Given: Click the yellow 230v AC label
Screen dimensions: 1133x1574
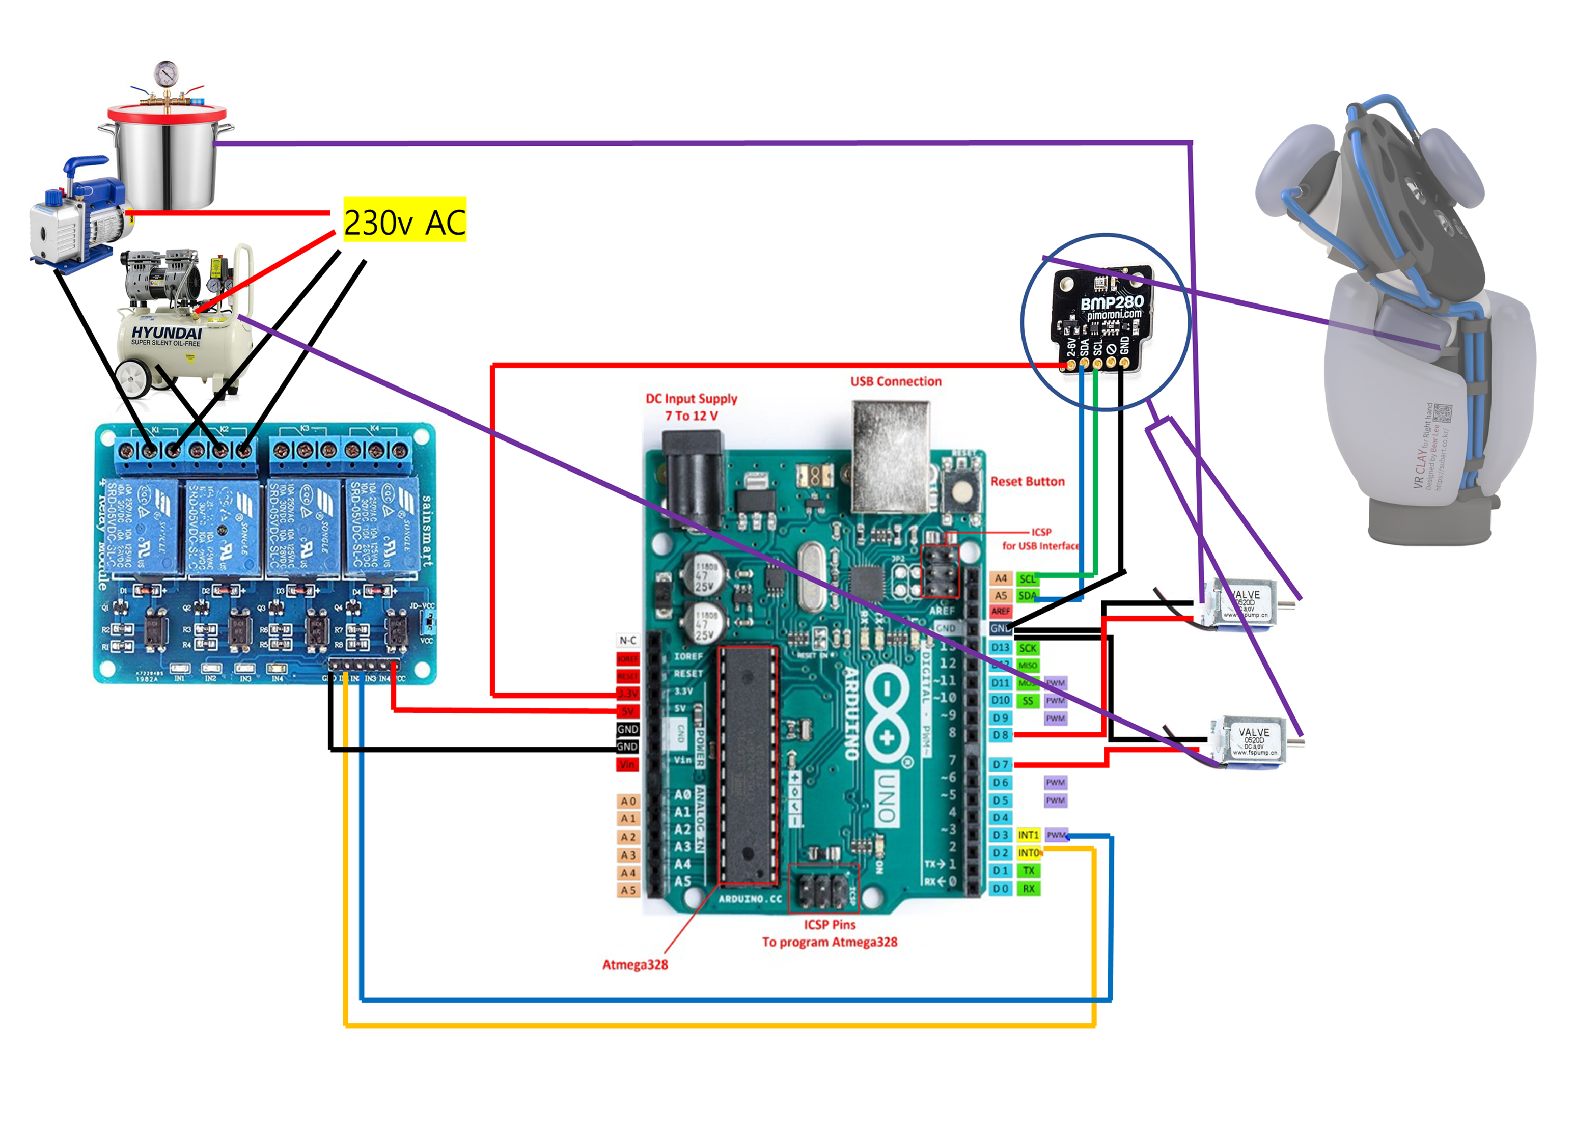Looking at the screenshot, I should click(405, 220).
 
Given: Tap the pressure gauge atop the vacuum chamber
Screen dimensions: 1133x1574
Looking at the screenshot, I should click(167, 73).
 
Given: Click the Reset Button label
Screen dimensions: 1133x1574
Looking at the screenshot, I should click(1027, 482).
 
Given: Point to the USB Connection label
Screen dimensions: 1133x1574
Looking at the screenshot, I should click(896, 381).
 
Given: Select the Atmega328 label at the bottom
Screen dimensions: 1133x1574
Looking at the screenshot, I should click(635, 964).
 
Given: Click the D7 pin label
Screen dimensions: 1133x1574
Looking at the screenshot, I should click(1000, 765).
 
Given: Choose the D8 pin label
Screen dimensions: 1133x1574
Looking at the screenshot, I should click(1000, 735).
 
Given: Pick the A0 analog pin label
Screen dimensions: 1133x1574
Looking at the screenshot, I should click(628, 802).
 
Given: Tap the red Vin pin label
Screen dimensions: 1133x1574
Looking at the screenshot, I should click(627, 765).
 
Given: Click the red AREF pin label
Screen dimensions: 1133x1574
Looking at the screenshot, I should click(1000, 611).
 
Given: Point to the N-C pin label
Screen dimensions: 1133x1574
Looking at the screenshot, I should click(627, 641).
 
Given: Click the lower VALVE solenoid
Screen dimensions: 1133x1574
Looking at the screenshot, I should click(1253, 741).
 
